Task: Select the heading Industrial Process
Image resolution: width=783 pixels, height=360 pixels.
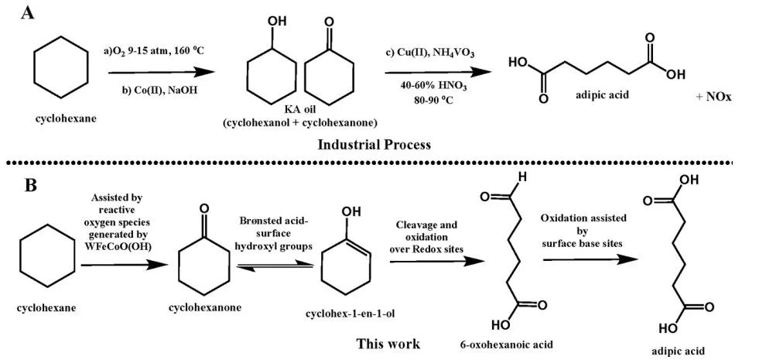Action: (374, 145)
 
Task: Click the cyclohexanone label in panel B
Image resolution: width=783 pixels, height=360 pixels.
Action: (204, 307)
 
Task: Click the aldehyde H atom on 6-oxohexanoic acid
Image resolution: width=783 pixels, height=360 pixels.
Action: (524, 176)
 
